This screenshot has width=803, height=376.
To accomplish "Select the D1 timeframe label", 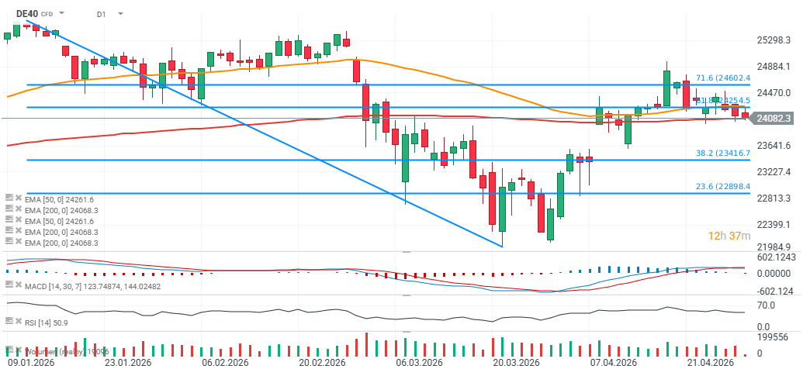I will (x=102, y=14).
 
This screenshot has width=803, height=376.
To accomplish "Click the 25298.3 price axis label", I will (x=774, y=40).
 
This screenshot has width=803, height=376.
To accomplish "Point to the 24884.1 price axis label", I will (x=774, y=67).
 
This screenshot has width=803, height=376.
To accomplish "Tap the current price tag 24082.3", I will (x=773, y=118).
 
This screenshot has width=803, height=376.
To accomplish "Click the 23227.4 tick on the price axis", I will (x=774, y=171).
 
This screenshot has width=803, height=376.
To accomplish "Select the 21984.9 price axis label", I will (x=774, y=247).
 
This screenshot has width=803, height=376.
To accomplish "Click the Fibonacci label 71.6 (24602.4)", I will (x=722, y=78).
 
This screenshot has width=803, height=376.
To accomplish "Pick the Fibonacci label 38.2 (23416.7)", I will (x=722, y=154).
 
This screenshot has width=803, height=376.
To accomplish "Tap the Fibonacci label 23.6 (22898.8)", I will (x=722, y=187).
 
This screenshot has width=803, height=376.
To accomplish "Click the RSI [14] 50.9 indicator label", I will (x=48, y=321).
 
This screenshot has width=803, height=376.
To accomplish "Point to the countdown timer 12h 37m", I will (x=729, y=236).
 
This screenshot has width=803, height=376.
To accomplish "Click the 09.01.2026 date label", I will (x=30, y=363).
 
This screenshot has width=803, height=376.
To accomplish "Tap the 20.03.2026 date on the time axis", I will (x=517, y=363).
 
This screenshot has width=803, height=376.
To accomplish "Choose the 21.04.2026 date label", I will (x=711, y=363).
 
